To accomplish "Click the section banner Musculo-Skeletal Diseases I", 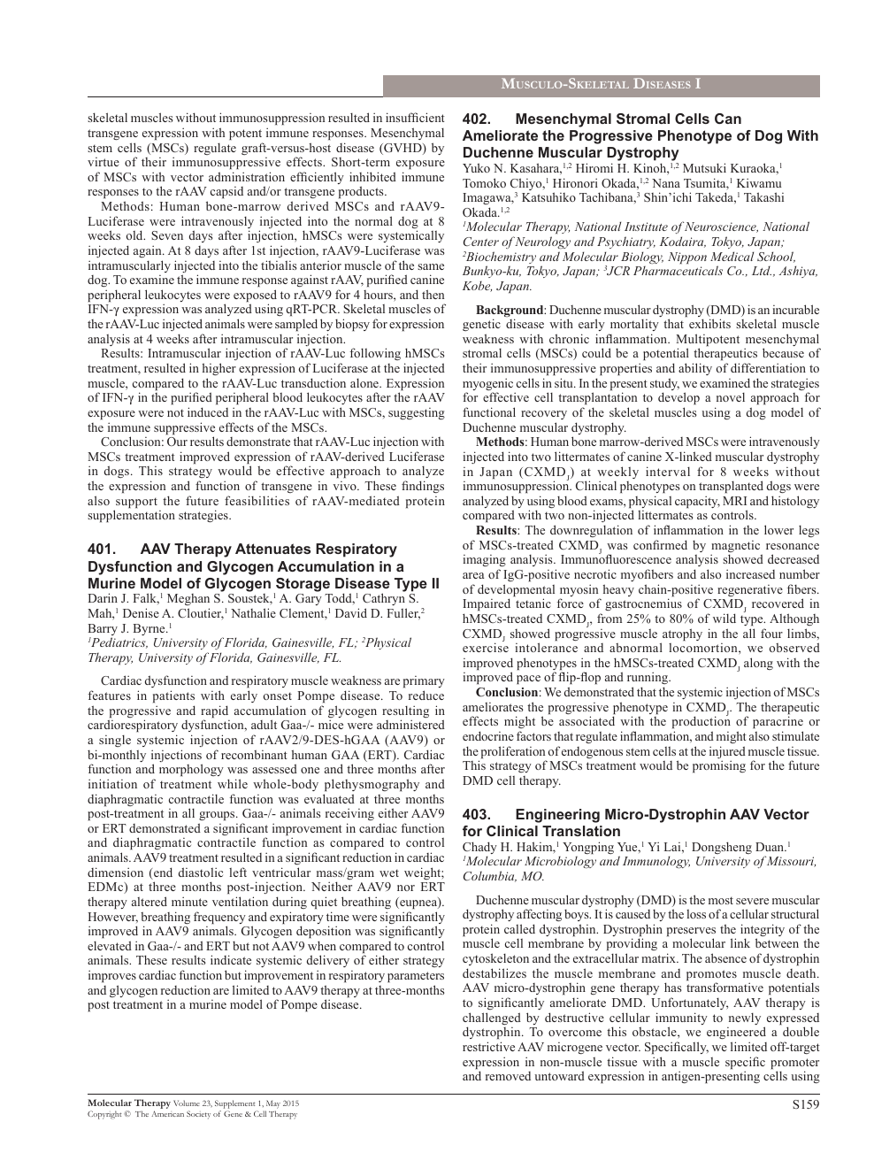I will point(601,85).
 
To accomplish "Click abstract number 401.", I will point(103,550).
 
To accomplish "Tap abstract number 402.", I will point(478,119).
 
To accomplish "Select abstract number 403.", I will point(478,815).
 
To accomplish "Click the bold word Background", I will point(510,311).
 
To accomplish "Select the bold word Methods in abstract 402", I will point(500,442).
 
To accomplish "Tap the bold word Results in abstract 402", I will point(496,531).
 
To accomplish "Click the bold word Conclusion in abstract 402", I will point(509,693).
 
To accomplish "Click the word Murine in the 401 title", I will point(111,584).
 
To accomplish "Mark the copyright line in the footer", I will point(192,1114).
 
